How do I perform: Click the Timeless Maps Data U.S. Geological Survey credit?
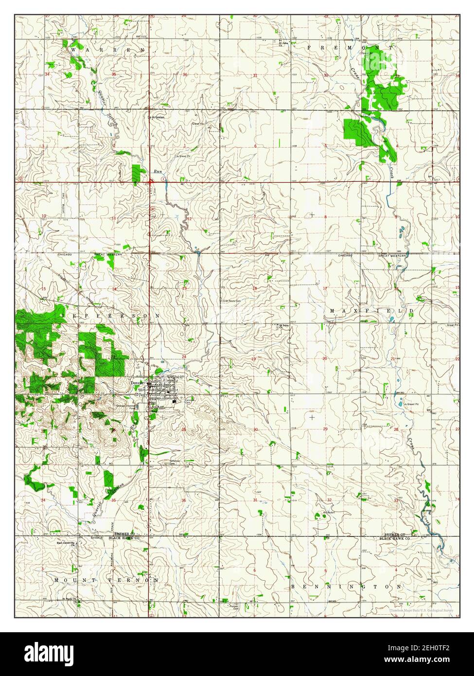pyautogui.click(x=421, y=609)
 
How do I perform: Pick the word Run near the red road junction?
pyautogui.click(x=157, y=171)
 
